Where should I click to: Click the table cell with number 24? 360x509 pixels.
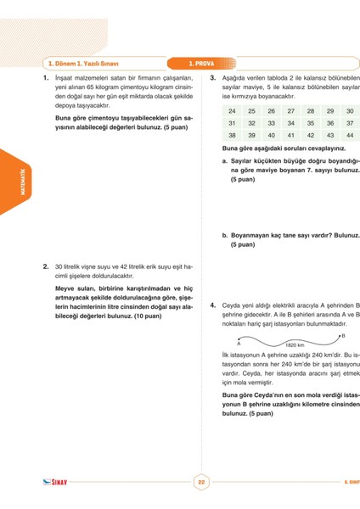(x=232, y=111)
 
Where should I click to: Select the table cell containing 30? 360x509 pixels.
(x=350, y=111)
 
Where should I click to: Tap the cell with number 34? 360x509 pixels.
(x=290, y=123)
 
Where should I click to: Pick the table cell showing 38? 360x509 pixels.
(x=232, y=135)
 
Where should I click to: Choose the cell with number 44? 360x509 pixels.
(x=350, y=135)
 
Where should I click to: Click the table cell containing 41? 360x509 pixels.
(x=290, y=135)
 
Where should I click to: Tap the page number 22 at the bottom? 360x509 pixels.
(x=201, y=482)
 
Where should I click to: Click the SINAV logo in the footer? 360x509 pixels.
(x=54, y=482)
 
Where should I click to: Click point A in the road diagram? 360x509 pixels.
(x=239, y=344)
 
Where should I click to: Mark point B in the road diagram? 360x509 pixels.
(x=343, y=336)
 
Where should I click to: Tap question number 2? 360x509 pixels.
(x=46, y=266)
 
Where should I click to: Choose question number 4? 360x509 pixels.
(x=212, y=303)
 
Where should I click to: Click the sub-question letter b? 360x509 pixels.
(x=224, y=236)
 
